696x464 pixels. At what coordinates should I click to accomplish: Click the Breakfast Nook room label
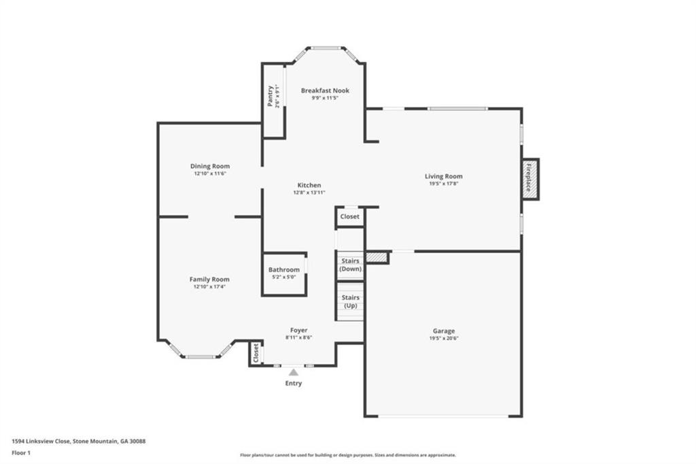(x=325, y=90)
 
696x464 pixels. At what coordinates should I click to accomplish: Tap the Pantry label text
(x=271, y=95)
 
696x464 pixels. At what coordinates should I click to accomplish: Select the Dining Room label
(x=209, y=166)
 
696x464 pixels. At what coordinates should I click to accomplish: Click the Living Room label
(x=443, y=177)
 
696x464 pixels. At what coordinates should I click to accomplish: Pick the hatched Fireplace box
(x=530, y=179)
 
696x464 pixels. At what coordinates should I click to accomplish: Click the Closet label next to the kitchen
(x=350, y=216)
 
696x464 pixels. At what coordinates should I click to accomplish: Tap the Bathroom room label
(x=283, y=270)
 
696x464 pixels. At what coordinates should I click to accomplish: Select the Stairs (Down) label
(x=351, y=265)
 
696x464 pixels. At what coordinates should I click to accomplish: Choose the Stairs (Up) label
(x=351, y=301)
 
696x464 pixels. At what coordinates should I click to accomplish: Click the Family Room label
(x=209, y=279)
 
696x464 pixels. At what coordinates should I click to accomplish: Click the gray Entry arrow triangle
(x=294, y=372)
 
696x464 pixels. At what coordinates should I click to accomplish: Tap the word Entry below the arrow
(x=294, y=383)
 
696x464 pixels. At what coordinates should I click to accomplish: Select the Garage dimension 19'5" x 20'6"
(x=443, y=338)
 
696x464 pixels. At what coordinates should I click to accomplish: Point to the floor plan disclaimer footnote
(x=347, y=455)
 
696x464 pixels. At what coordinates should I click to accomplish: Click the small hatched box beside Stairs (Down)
(x=376, y=257)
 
